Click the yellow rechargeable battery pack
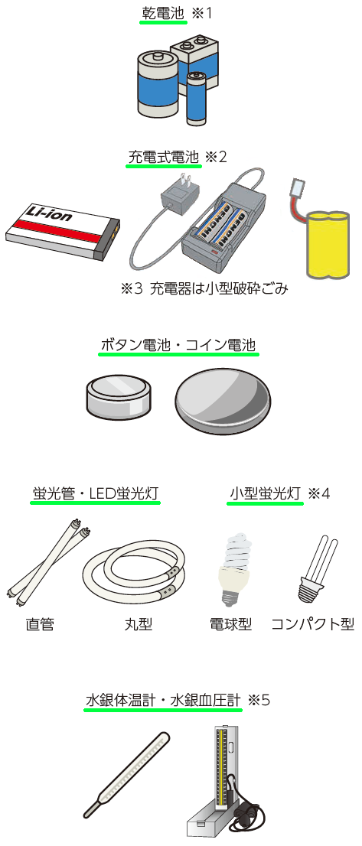(x=328, y=246)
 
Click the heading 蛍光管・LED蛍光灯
(x=96, y=493)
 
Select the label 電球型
(x=230, y=624)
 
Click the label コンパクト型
(x=312, y=624)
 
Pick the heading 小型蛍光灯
(x=266, y=493)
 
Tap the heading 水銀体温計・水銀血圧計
(x=163, y=700)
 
